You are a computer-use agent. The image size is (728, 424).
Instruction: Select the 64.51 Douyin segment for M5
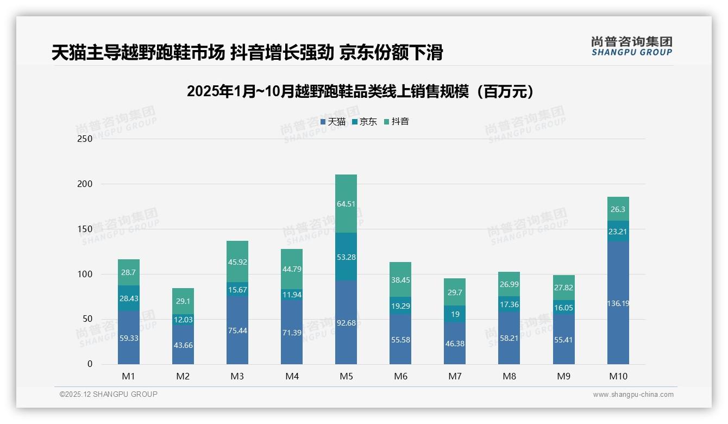(x=346, y=204)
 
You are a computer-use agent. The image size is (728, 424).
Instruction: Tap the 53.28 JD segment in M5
(x=346, y=257)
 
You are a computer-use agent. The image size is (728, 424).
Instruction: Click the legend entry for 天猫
(x=333, y=122)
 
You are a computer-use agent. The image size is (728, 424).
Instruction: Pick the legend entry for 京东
(x=365, y=122)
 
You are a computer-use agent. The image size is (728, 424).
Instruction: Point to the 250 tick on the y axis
(x=85, y=139)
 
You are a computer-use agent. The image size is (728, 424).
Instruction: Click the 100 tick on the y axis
(x=85, y=274)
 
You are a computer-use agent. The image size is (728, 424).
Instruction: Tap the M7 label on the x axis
(x=455, y=376)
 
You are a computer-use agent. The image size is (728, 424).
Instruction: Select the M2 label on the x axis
(x=183, y=376)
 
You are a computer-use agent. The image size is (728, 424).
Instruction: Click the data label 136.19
(x=618, y=303)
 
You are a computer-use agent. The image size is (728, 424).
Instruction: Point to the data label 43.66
(x=183, y=345)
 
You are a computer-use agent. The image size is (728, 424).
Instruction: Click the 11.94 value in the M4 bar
(x=292, y=295)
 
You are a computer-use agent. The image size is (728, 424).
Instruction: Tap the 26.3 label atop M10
(x=618, y=209)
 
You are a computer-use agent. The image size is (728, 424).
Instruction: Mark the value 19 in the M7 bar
(x=455, y=314)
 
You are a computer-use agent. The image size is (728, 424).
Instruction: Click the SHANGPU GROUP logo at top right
(x=631, y=46)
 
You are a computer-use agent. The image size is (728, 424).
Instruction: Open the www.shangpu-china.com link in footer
(x=633, y=395)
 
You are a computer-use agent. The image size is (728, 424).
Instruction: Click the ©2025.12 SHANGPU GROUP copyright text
(x=108, y=394)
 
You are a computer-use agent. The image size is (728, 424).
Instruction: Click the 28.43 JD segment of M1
(x=129, y=298)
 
